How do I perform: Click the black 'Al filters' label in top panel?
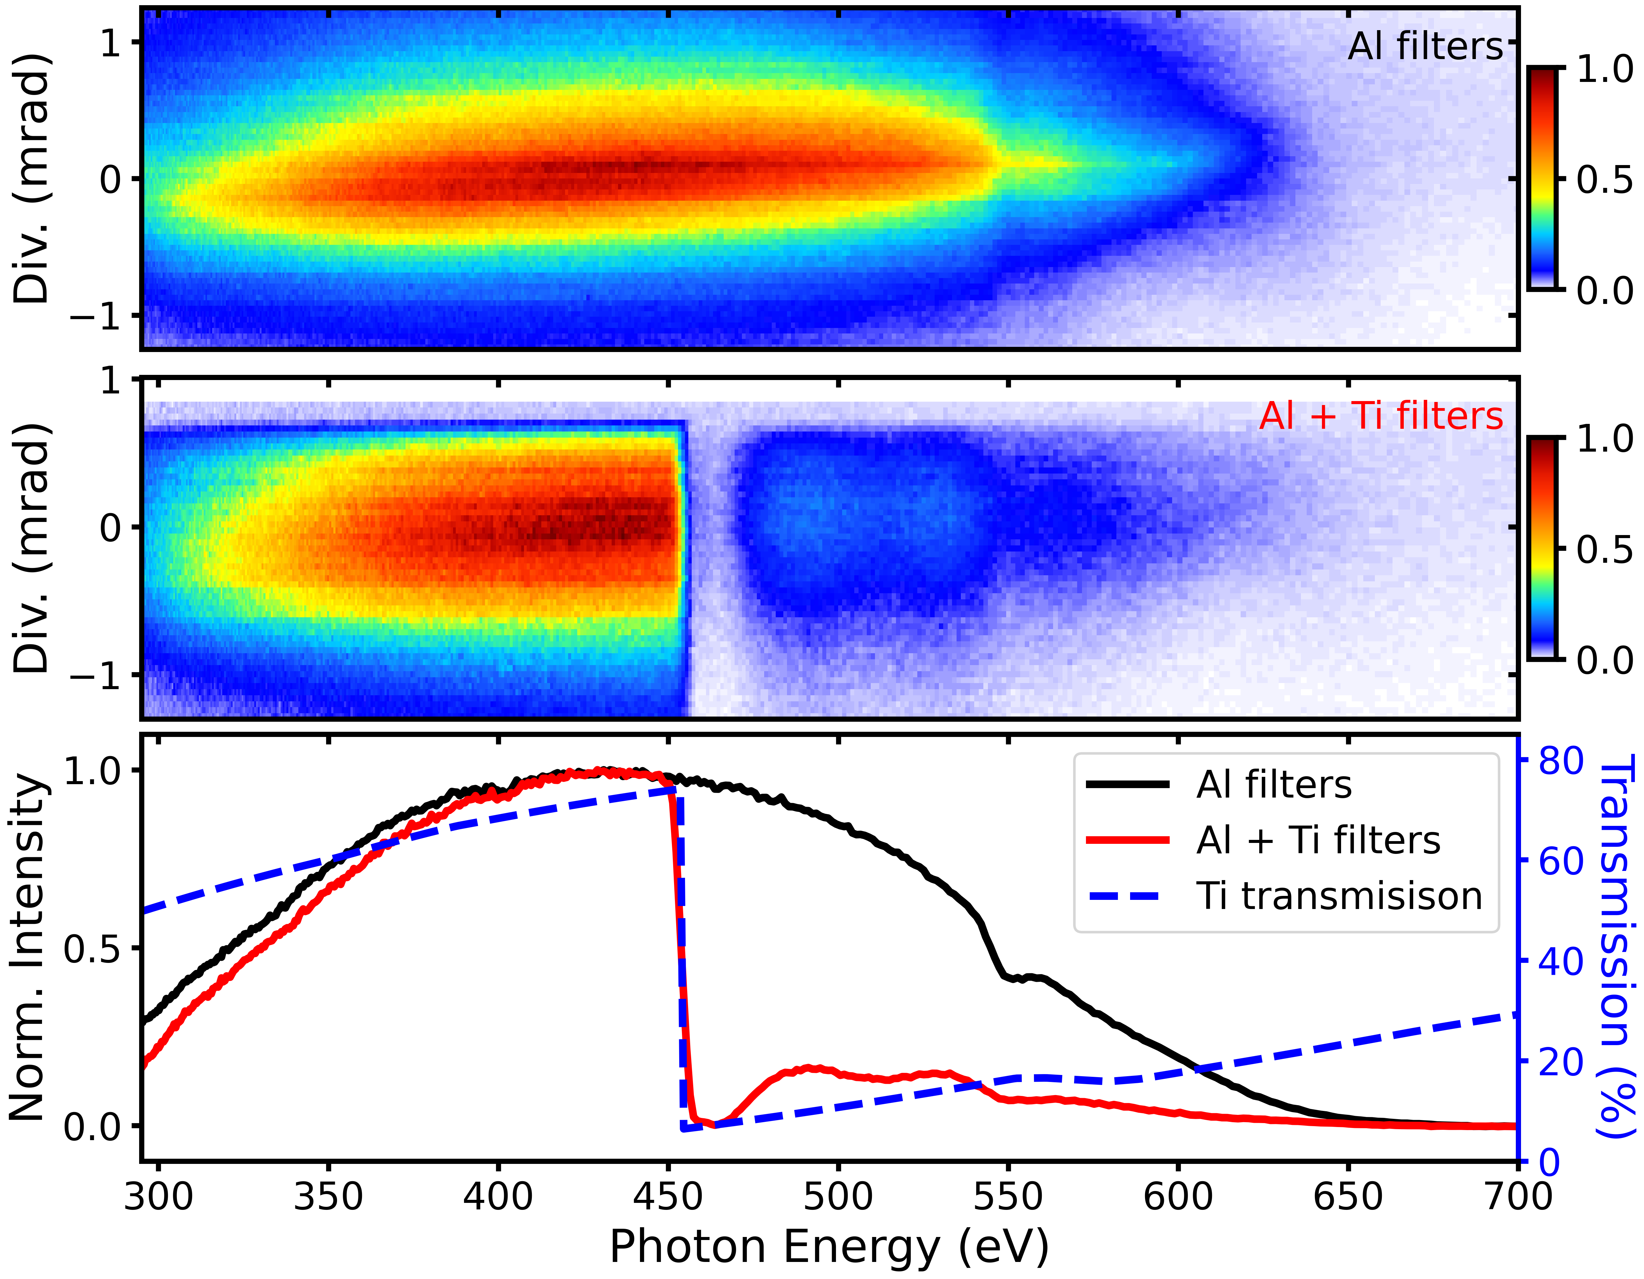pos(1425,47)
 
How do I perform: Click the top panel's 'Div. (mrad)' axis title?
pos(32,178)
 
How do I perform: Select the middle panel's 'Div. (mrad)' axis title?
pos(32,547)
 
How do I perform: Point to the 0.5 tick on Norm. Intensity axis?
pos(92,949)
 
